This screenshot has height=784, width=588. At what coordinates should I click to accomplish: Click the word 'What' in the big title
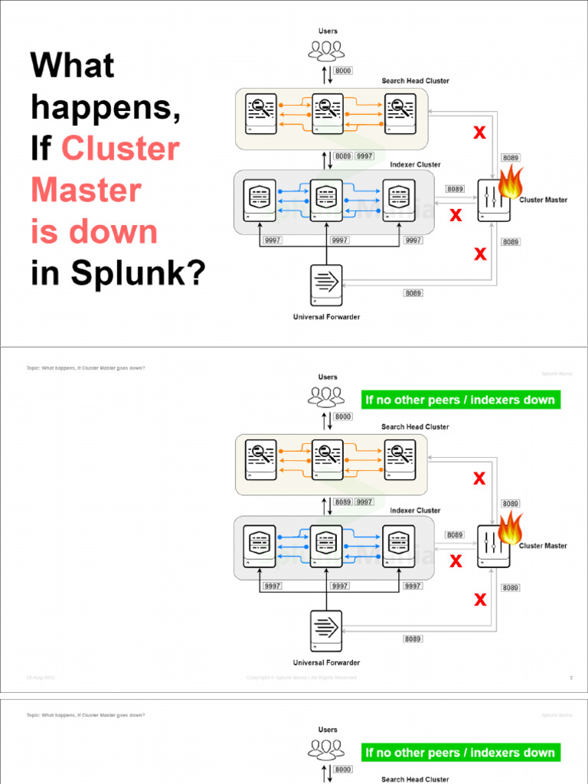tap(72, 66)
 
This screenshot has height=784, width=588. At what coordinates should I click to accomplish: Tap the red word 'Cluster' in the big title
tap(120, 149)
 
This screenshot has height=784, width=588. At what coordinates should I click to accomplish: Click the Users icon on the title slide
tap(327, 50)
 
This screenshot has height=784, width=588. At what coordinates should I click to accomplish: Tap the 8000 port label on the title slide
tap(343, 70)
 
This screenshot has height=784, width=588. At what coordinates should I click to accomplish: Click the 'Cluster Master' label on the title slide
tap(544, 200)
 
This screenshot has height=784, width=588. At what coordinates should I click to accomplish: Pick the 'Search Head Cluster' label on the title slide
tap(416, 81)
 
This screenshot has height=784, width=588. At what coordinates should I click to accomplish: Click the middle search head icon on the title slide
tap(327, 113)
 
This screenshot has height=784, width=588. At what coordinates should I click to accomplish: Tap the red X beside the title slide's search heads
tap(479, 133)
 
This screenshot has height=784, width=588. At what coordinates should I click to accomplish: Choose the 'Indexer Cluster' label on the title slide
tap(416, 165)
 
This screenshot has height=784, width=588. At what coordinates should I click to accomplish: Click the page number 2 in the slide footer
tap(571, 678)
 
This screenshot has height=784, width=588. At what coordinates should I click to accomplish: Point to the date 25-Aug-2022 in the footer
tap(41, 678)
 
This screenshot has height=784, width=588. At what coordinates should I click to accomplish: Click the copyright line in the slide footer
tap(302, 678)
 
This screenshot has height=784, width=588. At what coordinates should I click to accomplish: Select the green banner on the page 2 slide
tap(460, 400)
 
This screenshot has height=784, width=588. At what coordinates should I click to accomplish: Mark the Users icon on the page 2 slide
tap(327, 396)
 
